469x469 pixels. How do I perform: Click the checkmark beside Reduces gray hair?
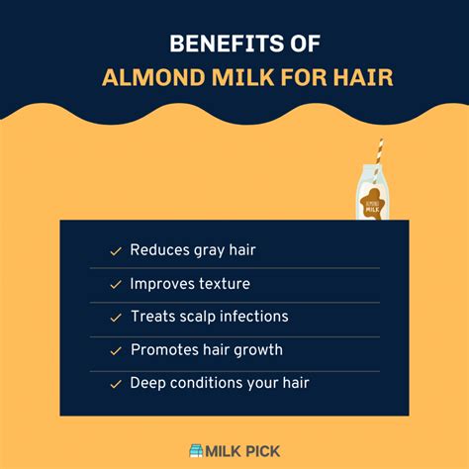[x=115, y=251]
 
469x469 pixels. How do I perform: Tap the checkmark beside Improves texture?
[x=115, y=285]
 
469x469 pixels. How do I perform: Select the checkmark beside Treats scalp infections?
[x=115, y=318]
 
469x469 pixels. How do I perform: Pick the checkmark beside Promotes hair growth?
[x=115, y=350]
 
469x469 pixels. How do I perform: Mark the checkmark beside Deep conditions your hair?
[x=115, y=384]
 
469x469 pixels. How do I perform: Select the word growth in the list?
[x=257, y=350]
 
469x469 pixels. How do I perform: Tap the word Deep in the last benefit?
[x=146, y=383]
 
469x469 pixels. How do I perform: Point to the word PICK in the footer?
[x=261, y=450]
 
